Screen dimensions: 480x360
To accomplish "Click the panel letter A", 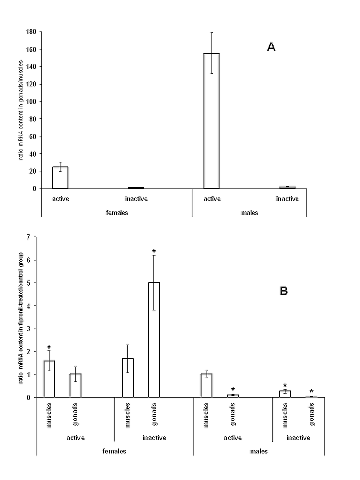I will [x=271, y=47].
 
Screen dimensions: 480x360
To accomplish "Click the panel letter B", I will [x=283, y=291].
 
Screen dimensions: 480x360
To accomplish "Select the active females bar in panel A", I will [x=60, y=178].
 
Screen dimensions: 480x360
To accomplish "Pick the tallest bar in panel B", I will [x=154, y=340].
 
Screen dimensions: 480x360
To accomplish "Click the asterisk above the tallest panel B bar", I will [x=154, y=251].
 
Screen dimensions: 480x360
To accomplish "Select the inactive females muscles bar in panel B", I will [x=128, y=378].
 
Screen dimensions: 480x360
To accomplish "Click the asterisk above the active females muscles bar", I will [x=49, y=347].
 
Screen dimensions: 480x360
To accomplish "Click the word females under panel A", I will [x=117, y=213].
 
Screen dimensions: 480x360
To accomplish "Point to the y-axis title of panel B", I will [x=21, y=317].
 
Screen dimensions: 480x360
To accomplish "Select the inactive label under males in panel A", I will [x=287, y=199].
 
